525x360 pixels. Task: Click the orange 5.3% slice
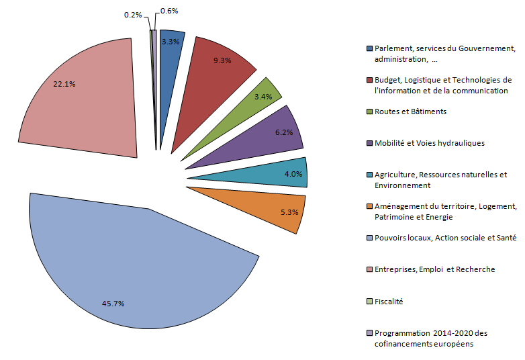tap(269, 205)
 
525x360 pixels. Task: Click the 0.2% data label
tap(132, 14)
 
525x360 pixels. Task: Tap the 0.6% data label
tap(168, 11)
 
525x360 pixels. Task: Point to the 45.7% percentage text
tap(113, 304)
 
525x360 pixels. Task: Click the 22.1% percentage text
tap(64, 85)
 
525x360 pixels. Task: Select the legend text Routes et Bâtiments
tap(410, 111)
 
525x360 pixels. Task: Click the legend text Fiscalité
tap(389, 302)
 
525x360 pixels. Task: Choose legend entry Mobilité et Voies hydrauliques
tap(429, 143)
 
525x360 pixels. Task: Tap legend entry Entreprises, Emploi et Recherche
tap(434, 269)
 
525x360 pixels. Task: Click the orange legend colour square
tap(369, 206)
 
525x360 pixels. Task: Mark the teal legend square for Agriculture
tap(369, 175)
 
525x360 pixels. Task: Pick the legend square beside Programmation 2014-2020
tap(369, 333)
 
